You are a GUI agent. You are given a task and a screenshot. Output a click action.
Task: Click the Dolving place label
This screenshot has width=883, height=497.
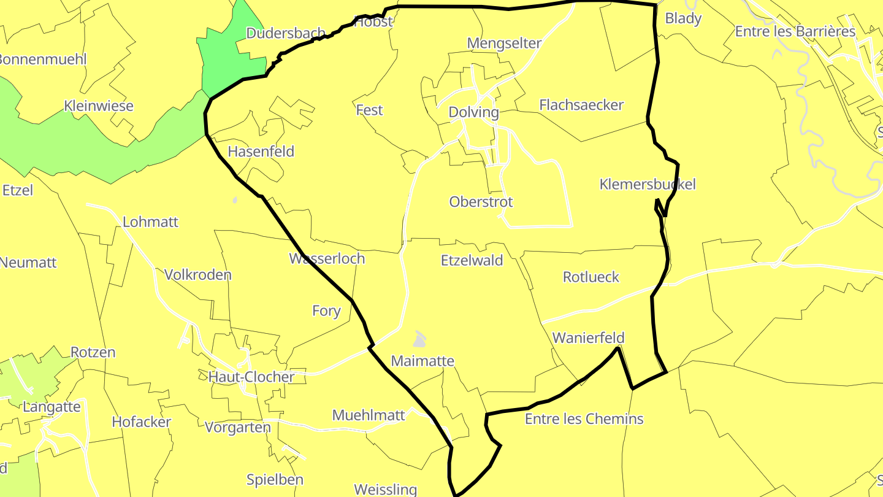coord(473,112)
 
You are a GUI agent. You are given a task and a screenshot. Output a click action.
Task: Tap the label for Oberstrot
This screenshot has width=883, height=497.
coord(481,202)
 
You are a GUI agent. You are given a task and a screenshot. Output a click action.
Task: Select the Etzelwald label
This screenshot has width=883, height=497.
coord(472,260)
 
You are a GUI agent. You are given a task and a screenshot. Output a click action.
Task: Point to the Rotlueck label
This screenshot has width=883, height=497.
coord(591,277)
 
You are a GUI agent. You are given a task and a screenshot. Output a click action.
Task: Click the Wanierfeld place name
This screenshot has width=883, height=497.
coord(588,337)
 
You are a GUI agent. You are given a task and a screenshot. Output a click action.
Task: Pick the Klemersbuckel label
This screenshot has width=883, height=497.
coord(648,184)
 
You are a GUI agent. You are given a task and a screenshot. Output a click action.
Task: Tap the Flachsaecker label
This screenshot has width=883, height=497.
coord(581,105)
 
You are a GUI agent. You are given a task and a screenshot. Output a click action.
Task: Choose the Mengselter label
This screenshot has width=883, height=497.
coord(504,43)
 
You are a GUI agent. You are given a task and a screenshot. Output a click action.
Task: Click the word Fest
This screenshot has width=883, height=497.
coord(369,110)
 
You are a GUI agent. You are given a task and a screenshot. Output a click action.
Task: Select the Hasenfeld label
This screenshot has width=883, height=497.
coord(261,152)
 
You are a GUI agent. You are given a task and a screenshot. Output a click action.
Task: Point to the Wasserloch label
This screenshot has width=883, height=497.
coord(327,258)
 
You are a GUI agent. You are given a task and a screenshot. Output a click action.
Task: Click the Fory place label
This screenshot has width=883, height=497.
coord(326,311)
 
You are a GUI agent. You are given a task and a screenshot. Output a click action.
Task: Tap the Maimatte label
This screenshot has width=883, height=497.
coord(422,361)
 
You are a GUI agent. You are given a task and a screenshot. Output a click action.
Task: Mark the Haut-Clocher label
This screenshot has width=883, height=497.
coord(251,377)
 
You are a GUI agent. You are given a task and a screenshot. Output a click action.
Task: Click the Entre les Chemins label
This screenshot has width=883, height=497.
coord(584,419)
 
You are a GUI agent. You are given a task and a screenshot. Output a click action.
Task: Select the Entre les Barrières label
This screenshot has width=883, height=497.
coord(795,31)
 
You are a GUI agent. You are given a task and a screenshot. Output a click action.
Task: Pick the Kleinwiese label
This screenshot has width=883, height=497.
coord(98,106)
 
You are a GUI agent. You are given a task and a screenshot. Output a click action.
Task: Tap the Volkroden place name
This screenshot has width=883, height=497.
coord(197,274)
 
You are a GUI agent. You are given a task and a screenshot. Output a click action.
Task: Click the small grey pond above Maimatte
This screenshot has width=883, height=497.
coord(419,339)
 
